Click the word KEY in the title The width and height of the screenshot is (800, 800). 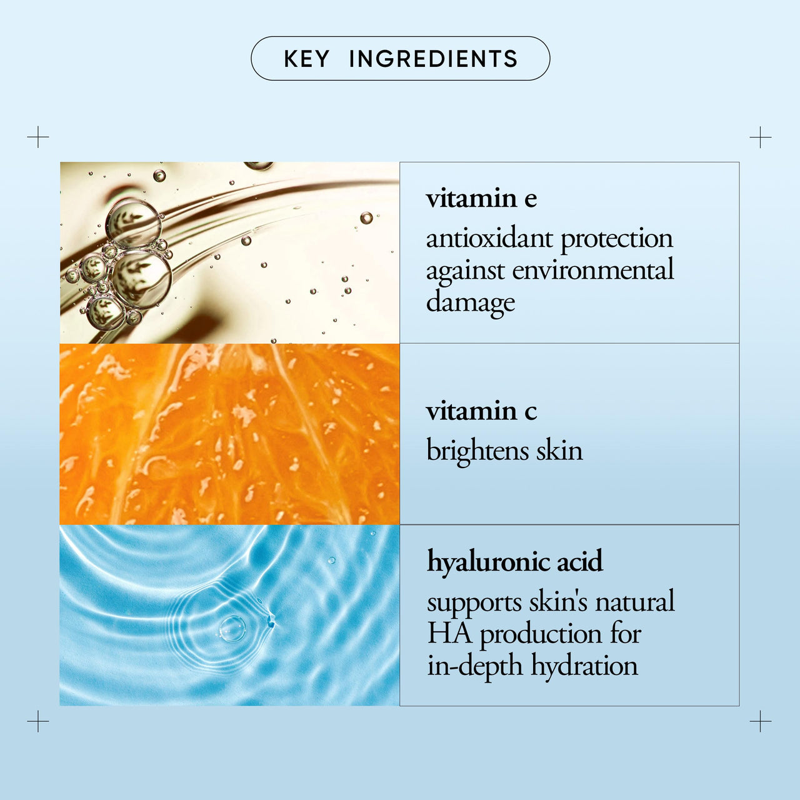(x=306, y=59)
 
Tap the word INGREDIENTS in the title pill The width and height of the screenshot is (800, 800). (x=433, y=59)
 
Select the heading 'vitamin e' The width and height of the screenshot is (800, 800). (x=481, y=199)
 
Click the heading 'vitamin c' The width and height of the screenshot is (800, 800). (x=481, y=411)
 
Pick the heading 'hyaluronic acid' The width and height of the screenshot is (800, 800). (x=515, y=562)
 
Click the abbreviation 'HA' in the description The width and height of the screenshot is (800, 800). (x=450, y=634)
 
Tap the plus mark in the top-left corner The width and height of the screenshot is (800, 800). (x=37, y=137)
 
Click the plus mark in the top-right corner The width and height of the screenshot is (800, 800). (x=761, y=137)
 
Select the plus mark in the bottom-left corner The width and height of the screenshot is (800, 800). (x=37, y=721)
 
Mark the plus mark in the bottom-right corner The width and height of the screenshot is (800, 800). (x=761, y=721)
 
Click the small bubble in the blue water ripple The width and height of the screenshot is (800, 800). (x=332, y=560)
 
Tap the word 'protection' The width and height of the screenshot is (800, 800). (x=617, y=240)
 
